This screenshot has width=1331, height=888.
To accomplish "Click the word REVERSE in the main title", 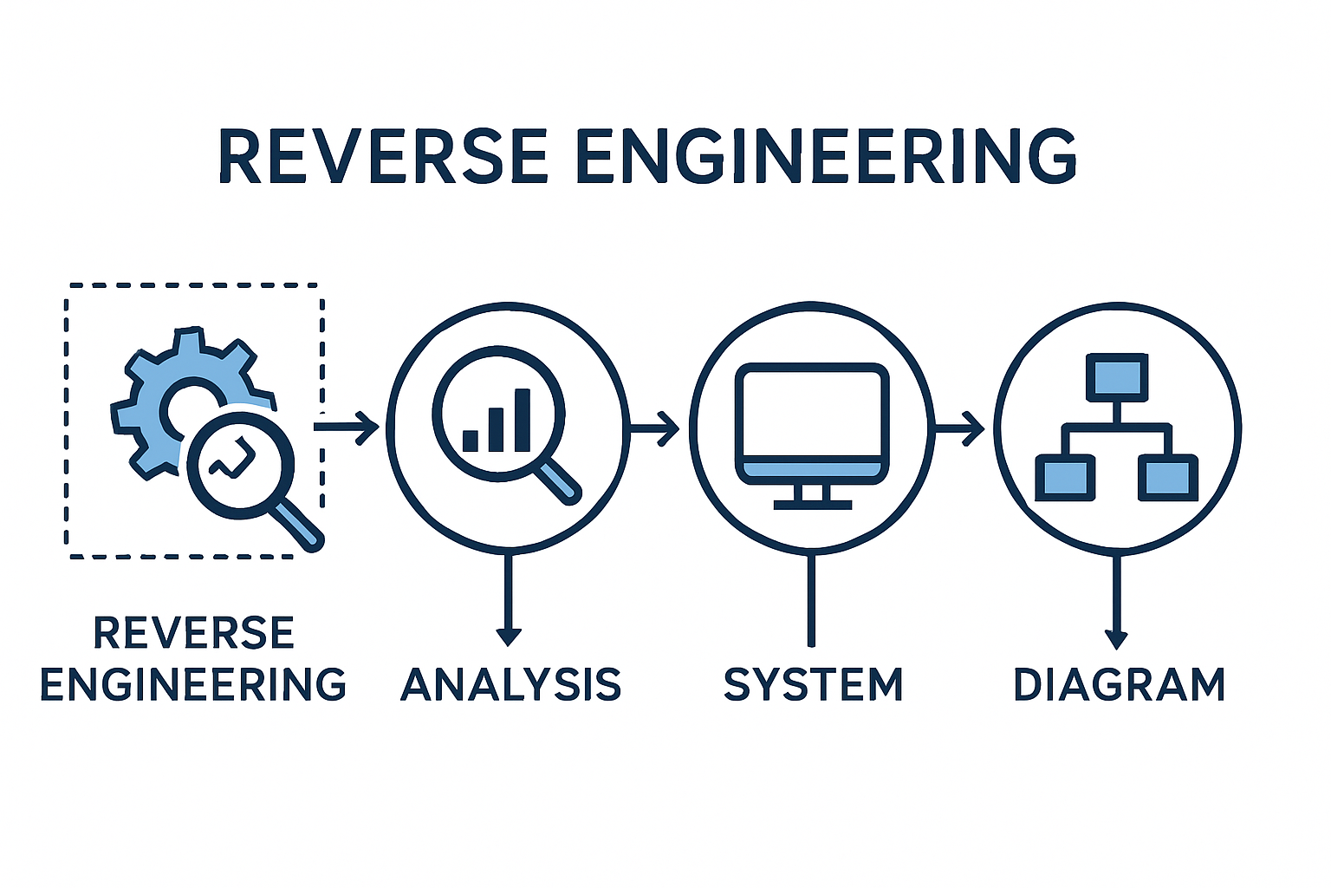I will click(382, 157).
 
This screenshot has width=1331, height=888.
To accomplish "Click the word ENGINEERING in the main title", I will click(826, 157).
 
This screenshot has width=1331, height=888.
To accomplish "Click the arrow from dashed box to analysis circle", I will click(347, 427).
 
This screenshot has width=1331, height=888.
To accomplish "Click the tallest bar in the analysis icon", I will click(523, 420).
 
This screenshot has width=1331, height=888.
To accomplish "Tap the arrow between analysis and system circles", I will click(655, 428).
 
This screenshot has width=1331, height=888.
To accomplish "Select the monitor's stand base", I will click(812, 504).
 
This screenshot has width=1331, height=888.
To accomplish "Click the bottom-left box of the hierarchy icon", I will click(1065, 478).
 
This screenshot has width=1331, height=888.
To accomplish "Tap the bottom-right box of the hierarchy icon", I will click(1168, 478).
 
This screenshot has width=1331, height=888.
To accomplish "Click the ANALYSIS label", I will click(510, 685).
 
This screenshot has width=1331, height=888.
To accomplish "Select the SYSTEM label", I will click(813, 685).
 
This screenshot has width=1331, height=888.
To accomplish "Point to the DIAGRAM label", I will click(1119, 685).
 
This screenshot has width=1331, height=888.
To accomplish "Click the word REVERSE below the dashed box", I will click(193, 633).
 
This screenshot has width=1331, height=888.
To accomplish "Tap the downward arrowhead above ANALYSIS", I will click(509, 637).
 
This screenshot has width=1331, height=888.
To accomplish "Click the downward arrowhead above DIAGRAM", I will click(1116, 639).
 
